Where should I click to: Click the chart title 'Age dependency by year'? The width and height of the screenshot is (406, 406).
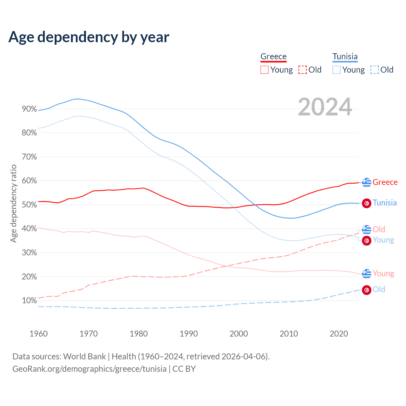click(89, 37)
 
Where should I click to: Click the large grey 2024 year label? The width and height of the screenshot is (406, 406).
click(325, 107)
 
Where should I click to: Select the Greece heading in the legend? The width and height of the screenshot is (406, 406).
click(273, 56)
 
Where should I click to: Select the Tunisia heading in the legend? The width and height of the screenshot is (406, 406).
click(345, 56)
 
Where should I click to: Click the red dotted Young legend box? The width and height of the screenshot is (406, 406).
click(264, 70)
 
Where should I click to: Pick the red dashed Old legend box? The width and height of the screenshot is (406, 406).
click(303, 70)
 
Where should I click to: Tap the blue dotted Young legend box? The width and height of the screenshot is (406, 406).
click(337, 70)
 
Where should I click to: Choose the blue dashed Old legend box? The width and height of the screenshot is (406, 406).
click(375, 70)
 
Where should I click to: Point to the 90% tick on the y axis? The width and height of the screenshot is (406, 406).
click(29, 109)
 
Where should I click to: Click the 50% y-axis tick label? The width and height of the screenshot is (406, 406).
click(29, 205)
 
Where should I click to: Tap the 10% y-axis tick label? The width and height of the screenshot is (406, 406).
click(29, 301)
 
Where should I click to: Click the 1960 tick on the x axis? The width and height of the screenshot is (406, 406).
click(38, 334)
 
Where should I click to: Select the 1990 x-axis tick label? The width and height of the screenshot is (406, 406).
click(189, 334)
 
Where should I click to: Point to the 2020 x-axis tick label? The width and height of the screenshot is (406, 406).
click(339, 334)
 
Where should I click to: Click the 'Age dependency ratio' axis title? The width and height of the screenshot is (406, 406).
click(13, 203)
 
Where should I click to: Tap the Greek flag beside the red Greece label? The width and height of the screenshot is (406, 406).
click(367, 182)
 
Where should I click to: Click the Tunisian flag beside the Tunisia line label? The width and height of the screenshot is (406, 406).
click(367, 203)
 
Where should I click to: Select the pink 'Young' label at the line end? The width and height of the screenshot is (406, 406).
click(383, 273)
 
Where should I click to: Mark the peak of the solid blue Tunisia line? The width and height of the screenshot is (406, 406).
click(78, 99)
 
